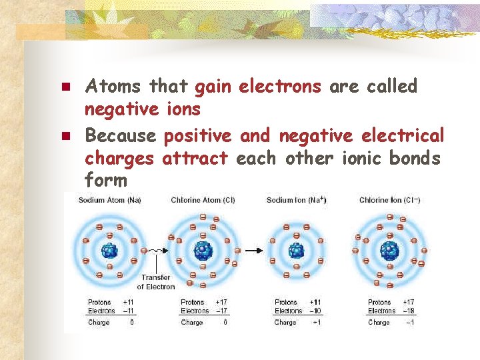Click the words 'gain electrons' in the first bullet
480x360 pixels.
(258, 87)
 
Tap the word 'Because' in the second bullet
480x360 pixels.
(120, 137)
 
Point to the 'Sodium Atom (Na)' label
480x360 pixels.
(110, 200)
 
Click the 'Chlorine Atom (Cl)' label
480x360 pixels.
(203, 200)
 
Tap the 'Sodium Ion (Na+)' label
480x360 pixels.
(296, 200)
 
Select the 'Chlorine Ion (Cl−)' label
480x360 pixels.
(390, 200)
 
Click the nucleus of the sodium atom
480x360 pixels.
(109, 251)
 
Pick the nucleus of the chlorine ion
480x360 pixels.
(389, 251)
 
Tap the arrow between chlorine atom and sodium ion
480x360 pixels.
(253, 251)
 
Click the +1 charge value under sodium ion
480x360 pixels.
(317, 323)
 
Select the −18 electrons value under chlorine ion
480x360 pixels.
(409, 311)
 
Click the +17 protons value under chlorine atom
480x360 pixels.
(223, 302)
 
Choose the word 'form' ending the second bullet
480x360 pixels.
(106, 181)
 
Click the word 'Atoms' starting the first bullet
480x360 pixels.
(113, 87)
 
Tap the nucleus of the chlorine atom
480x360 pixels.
(202, 251)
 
